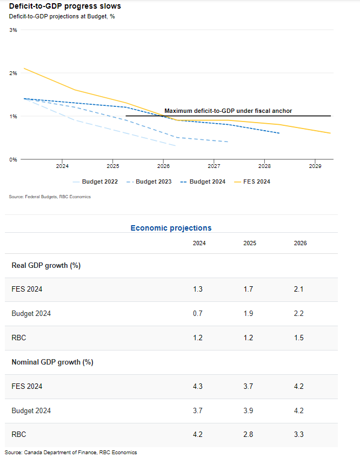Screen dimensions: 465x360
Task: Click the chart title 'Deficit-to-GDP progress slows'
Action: (65, 6)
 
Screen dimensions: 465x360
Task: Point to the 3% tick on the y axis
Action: (14, 30)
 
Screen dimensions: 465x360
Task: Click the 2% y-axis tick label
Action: (14, 73)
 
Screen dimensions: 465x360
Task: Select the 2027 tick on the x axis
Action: (214, 166)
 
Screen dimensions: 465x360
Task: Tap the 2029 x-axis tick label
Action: (315, 166)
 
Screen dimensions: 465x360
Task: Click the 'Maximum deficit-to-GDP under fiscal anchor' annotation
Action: (228, 111)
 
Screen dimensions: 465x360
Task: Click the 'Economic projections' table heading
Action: (171, 228)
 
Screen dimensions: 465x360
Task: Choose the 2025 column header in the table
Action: (250, 243)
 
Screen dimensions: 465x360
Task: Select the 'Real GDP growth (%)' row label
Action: (46, 265)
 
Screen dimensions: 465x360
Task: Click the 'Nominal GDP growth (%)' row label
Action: (52, 362)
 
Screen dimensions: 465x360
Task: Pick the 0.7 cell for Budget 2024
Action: (198, 313)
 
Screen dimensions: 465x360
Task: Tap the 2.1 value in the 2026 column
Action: (299, 289)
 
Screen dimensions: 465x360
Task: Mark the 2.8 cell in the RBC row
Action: (249, 434)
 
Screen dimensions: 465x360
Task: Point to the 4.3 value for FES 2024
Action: (198, 386)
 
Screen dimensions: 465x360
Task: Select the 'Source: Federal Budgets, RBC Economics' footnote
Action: (50, 197)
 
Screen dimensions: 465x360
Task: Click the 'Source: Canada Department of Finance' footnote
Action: (70, 452)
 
